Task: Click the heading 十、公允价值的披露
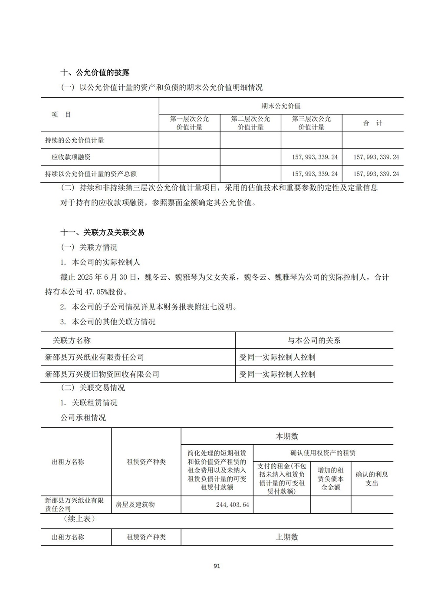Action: pyautogui.click(x=95, y=72)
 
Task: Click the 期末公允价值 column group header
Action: pyautogui.click(x=281, y=106)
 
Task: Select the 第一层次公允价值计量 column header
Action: pyautogui.click(x=190, y=123)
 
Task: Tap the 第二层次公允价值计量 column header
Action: pyautogui.click(x=250, y=123)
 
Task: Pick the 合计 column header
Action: pyautogui.click(x=372, y=123)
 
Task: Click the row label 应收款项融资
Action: pyautogui.click(x=71, y=157)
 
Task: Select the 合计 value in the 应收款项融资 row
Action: pyautogui.click(x=376, y=157)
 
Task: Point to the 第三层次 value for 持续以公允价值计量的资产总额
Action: pyautogui.click(x=315, y=174)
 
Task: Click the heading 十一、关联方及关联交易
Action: pyautogui.click(x=102, y=232)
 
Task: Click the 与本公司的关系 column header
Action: pyautogui.click(x=314, y=340)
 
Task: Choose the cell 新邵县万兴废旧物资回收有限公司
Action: pyautogui.click(x=102, y=374)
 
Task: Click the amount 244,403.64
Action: pyautogui.click(x=232, y=505)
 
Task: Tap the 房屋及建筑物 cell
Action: pyautogui.click(x=135, y=505)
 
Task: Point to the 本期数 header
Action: pyautogui.click(x=287, y=436)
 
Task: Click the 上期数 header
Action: pyautogui.click(x=287, y=537)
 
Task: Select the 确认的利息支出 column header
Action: pyautogui.click(x=372, y=479)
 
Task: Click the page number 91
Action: pyautogui.click(x=217, y=566)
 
